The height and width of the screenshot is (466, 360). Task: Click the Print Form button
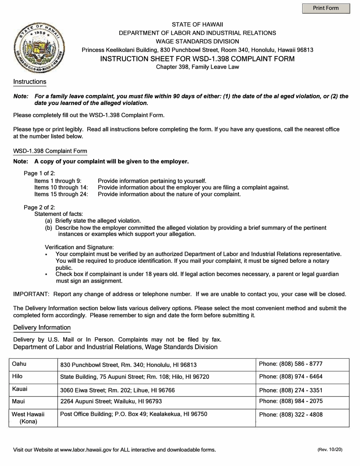point(326,8)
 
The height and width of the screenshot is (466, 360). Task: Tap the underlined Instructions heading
point(30,82)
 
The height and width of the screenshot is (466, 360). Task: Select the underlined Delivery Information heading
point(42,327)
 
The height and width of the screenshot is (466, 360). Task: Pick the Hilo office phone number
point(291,377)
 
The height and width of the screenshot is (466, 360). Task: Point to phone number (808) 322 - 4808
point(291,414)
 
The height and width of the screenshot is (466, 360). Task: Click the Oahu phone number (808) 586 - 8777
point(291,364)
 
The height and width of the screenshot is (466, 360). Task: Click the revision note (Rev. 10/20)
point(330,450)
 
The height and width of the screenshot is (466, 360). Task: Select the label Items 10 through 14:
point(61,188)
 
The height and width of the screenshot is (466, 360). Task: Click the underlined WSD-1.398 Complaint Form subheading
point(50,151)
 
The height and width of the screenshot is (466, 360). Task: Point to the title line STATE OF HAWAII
point(197,24)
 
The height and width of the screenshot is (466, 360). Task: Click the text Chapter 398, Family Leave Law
point(197,67)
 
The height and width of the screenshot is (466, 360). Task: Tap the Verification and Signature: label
point(79,247)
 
